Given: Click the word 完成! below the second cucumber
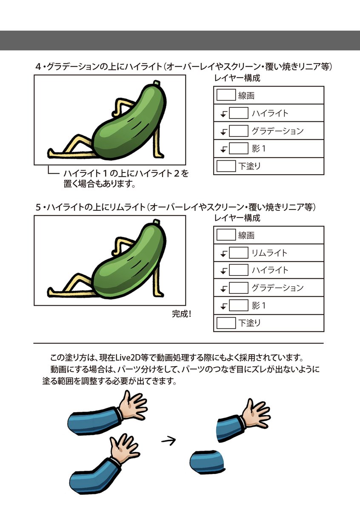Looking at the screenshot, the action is click(x=182, y=314).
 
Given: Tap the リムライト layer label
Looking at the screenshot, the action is click(x=269, y=253).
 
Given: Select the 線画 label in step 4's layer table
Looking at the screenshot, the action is click(x=246, y=96).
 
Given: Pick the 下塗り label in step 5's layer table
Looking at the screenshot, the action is click(x=249, y=323).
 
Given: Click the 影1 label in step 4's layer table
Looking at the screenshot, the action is click(x=259, y=149).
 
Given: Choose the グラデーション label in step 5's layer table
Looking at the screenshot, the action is click(x=277, y=288).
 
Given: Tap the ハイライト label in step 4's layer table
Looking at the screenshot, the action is click(x=270, y=113).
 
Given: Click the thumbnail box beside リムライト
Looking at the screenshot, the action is click(x=238, y=253).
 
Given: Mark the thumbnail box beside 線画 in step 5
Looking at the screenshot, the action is click(x=226, y=235).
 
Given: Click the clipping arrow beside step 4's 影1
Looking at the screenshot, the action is click(x=223, y=149).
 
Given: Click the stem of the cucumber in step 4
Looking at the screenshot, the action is click(x=157, y=83).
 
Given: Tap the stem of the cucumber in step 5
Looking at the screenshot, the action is click(x=157, y=223).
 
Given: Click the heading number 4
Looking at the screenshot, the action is click(x=39, y=67).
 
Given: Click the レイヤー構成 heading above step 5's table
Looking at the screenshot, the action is click(x=237, y=218).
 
